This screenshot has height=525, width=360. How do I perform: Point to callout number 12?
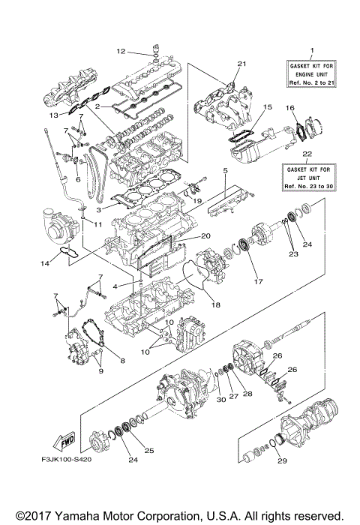click(x=120, y=51)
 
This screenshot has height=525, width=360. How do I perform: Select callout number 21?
click(x=241, y=64)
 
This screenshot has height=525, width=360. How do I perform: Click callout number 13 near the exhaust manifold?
click(x=52, y=116)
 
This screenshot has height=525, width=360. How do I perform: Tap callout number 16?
click(x=291, y=109)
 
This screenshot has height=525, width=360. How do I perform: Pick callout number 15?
click(x=267, y=108)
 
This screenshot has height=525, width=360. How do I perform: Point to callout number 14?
click(x=44, y=262)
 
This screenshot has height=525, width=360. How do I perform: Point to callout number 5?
click(x=224, y=172)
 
